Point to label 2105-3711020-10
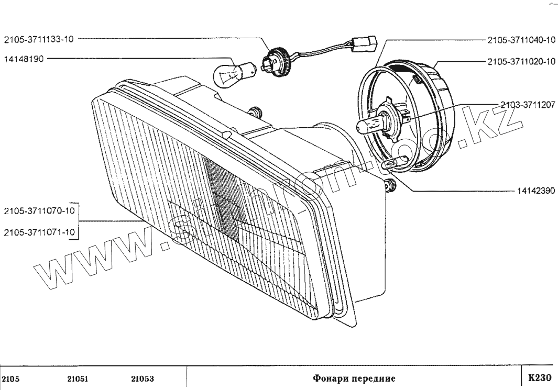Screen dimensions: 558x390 [521, 61]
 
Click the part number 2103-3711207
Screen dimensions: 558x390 [527, 105]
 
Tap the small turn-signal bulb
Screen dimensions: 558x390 [231, 73]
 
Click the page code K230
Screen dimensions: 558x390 [539, 377]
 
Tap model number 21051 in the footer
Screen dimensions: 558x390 [78, 378]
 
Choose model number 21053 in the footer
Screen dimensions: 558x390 [143, 378]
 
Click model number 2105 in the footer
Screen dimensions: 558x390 [12, 378]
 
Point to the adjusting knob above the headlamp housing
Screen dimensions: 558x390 [256, 111]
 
